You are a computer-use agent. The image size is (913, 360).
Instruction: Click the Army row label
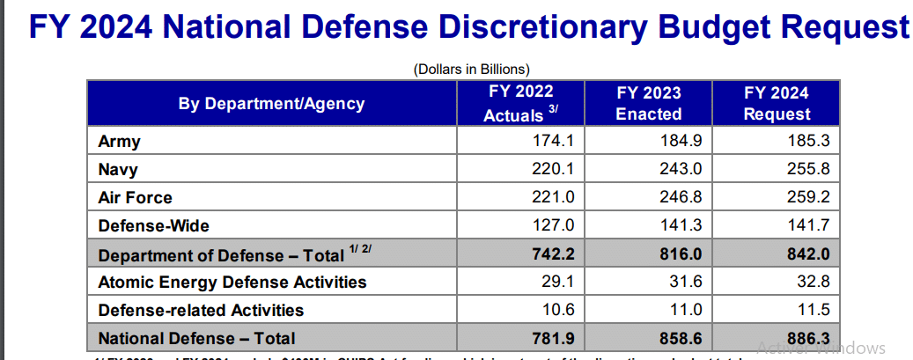tap(119, 141)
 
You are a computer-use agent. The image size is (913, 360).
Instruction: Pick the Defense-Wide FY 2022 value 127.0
tap(553, 225)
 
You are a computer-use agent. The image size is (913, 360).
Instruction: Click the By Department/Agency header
tap(271, 104)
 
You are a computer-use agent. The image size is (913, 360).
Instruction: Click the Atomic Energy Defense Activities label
tap(232, 283)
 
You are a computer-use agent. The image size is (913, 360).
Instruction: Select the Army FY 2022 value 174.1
tap(553, 141)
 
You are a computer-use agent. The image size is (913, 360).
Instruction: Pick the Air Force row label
tap(135, 197)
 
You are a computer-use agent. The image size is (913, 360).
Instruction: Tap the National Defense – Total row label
tap(196, 338)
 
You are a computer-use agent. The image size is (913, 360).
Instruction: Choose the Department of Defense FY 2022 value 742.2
tap(551, 254)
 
